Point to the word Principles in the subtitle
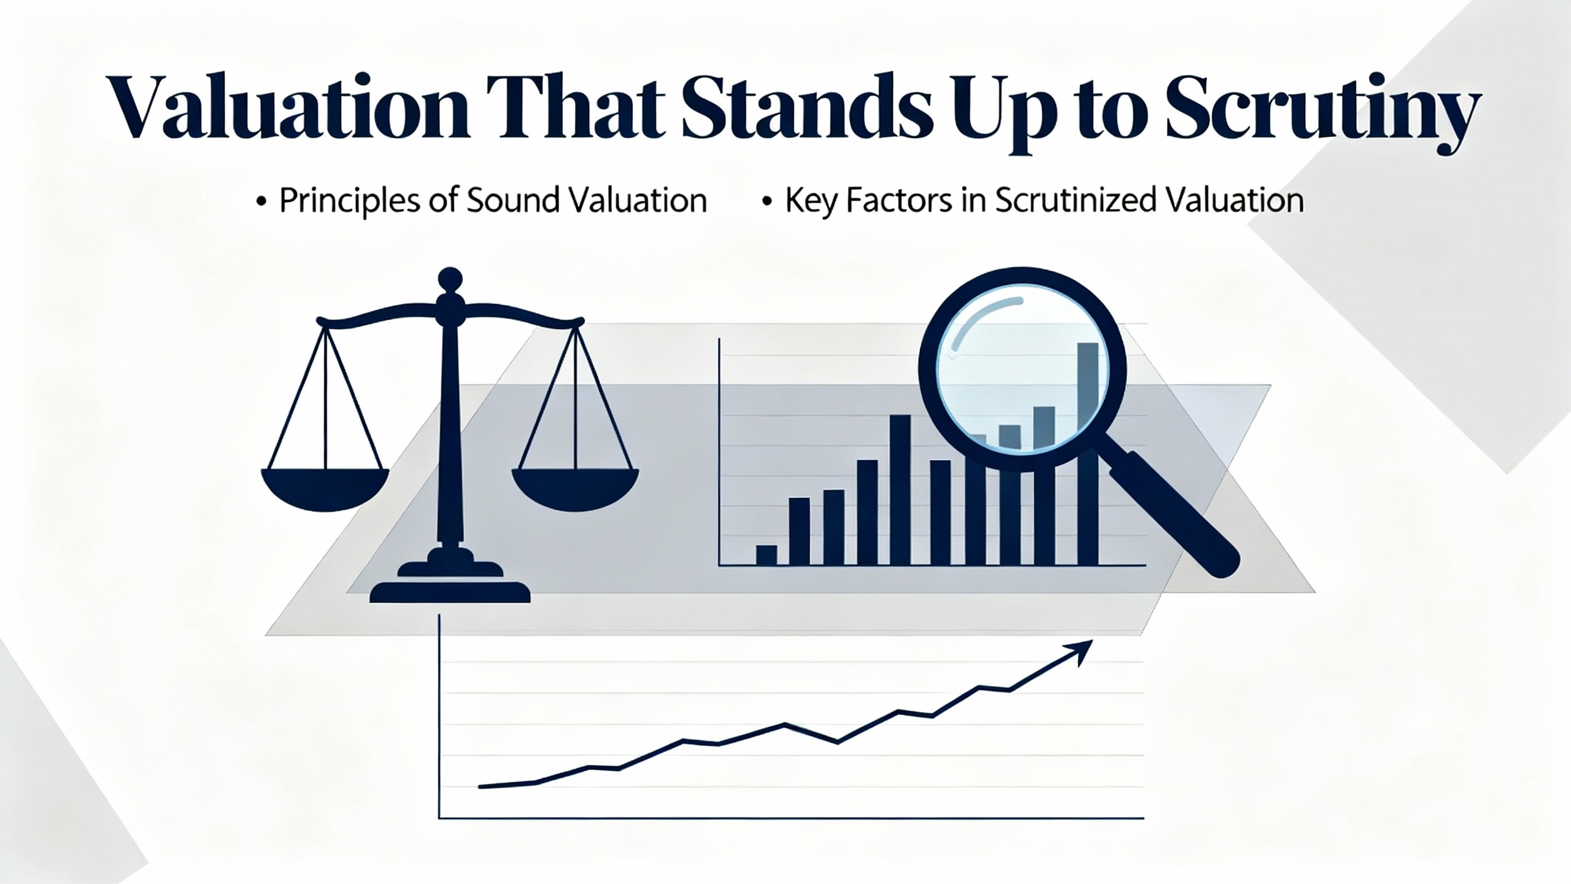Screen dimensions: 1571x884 coord(350,201)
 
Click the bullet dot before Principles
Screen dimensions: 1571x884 coord(261,203)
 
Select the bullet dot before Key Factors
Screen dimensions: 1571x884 coord(766,203)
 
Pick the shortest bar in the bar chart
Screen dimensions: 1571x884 coord(766,555)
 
